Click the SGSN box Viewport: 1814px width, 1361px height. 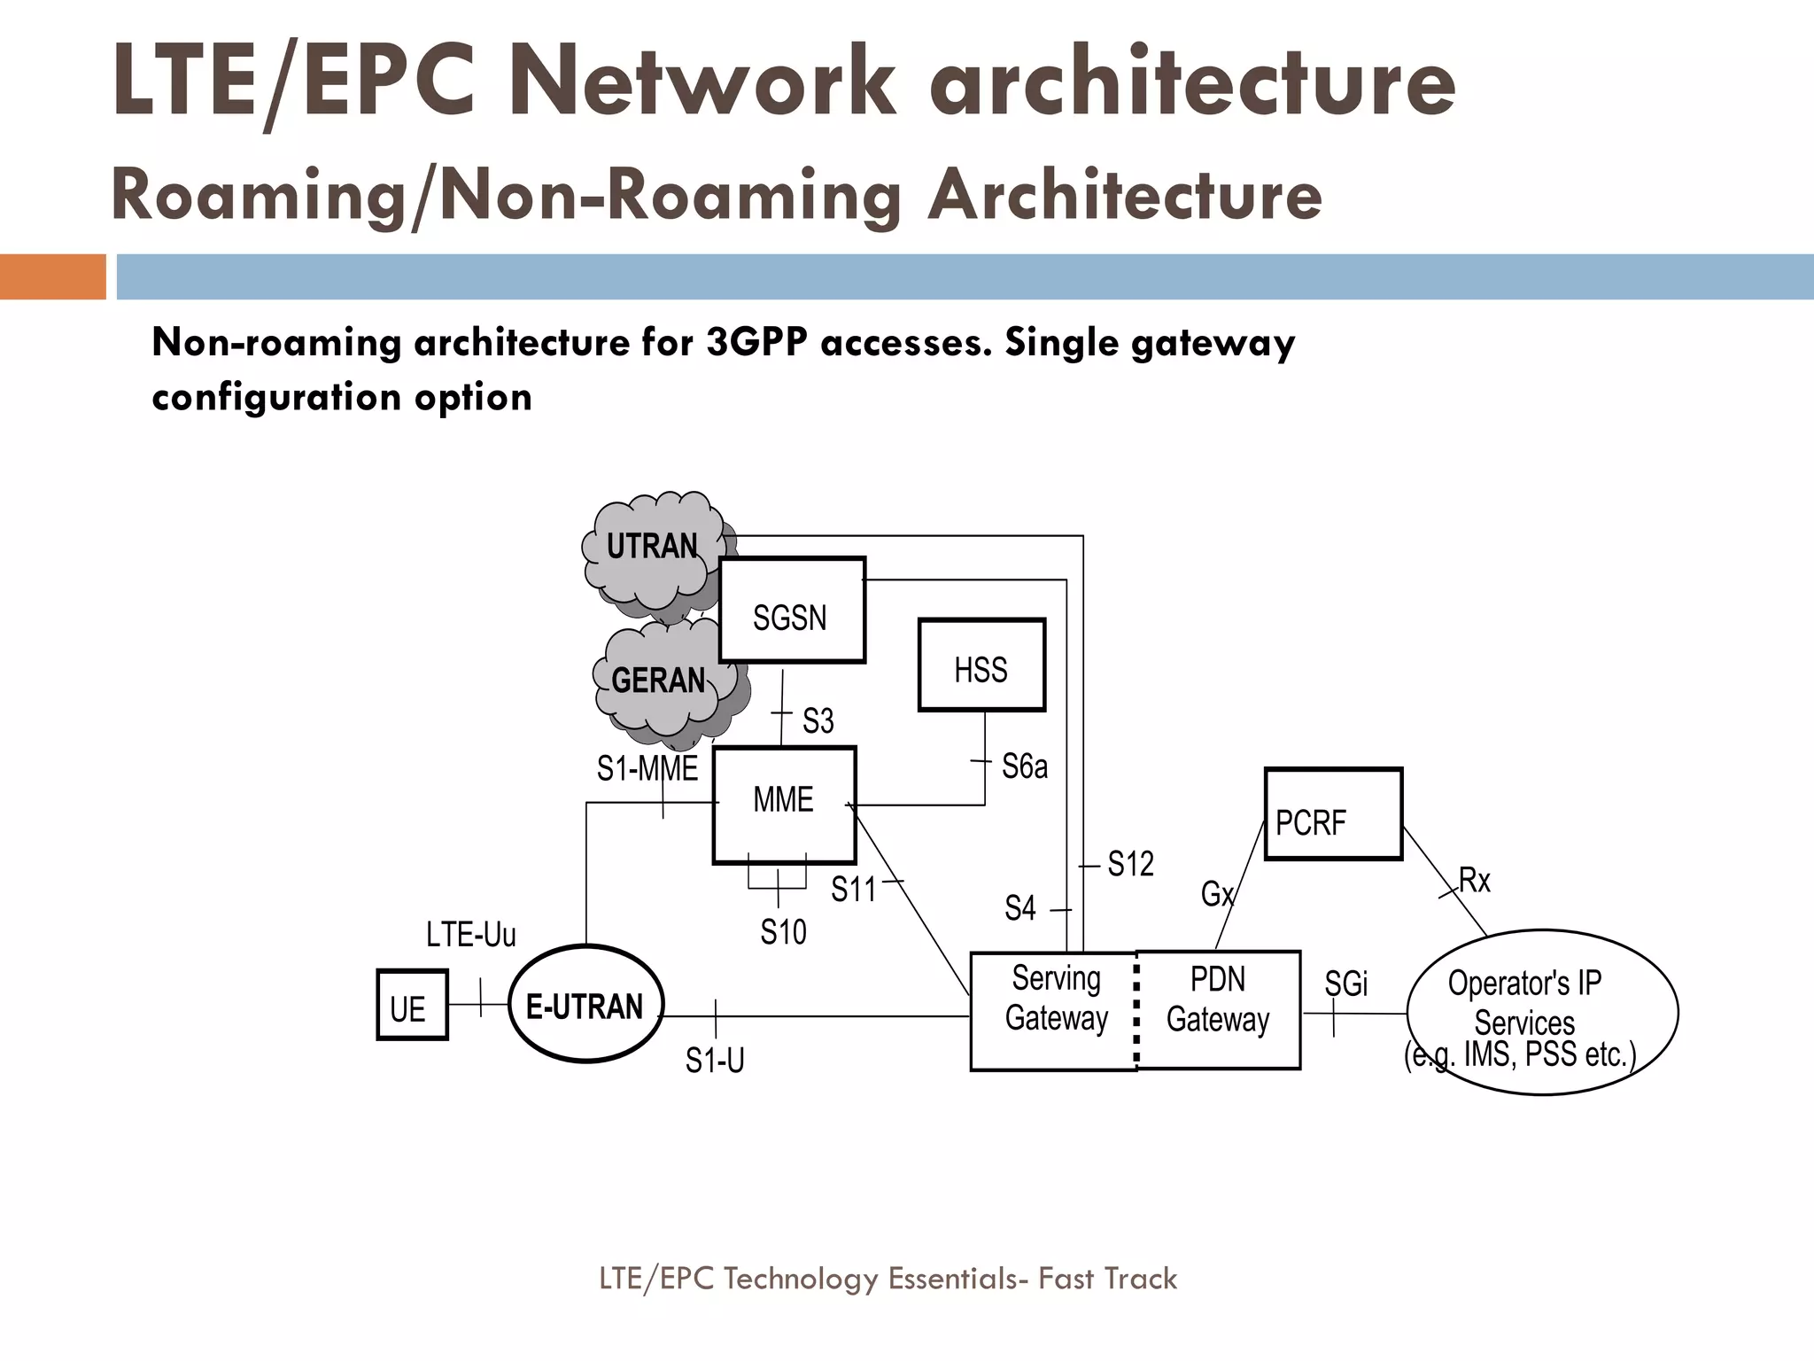(791, 611)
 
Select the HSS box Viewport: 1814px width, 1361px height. (981, 665)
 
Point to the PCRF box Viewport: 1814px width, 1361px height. (1333, 814)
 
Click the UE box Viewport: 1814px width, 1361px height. (412, 1005)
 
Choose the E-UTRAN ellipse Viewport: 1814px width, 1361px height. (585, 1005)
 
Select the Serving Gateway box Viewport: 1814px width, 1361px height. (1054, 1010)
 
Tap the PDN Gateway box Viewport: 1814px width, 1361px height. (1218, 1010)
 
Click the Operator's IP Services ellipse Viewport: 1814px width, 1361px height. (1541, 1012)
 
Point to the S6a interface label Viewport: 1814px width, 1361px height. (1025, 766)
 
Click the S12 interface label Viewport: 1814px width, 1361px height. (1131, 864)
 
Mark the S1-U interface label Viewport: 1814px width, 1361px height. (715, 1061)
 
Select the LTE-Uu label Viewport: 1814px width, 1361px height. (470, 935)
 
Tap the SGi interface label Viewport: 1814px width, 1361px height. (1345, 984)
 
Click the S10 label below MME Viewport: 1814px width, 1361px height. (783, 932)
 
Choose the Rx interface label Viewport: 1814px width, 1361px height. (1475, 881)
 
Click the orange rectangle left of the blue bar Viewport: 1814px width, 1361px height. (52, 276)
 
